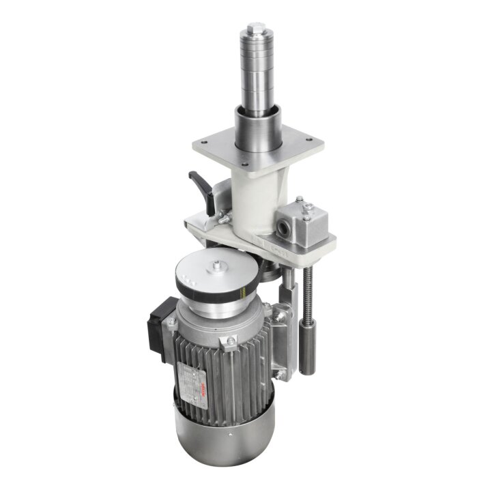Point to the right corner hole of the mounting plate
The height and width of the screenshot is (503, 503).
click(x=309, y=144)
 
